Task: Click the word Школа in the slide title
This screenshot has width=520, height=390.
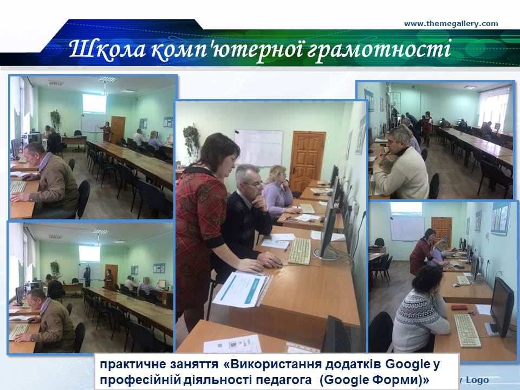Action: point(107,49)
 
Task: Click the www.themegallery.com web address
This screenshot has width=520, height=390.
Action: point(451,23)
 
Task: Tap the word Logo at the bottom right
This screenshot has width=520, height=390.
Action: point(477,380)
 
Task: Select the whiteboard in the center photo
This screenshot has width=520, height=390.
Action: point(258,148)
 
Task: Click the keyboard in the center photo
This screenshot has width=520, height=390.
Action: point(300,251)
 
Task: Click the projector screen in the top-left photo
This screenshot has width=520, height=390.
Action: point(94,103)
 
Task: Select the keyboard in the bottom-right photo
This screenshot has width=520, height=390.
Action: point(467,330)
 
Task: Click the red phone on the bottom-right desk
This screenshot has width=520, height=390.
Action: point(459,308)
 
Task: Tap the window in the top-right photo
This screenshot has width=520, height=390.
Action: point(492,108)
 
